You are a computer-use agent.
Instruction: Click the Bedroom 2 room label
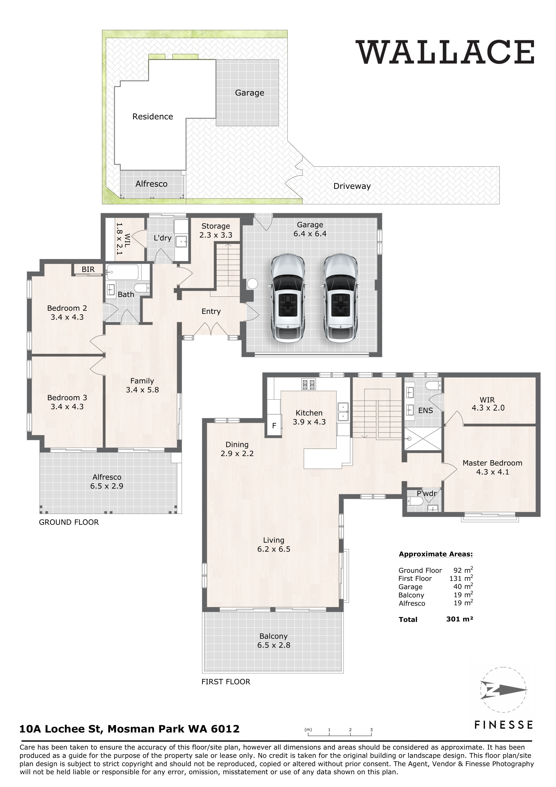point(67,308)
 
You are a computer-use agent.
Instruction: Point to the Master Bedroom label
point(492,463)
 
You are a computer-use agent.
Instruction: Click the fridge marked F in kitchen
point(274,426)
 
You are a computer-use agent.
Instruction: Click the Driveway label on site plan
point(352,186)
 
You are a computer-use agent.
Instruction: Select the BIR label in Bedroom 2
point(88,269)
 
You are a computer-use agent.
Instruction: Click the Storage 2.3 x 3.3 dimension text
point(216,235)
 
